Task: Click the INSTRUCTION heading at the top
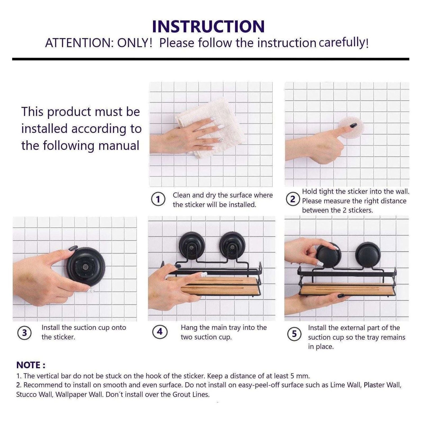(x=208, y=27)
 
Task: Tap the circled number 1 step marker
(x=158, y=199)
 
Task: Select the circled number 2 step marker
(x=293, y=199)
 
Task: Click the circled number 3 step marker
(x=24, y=333)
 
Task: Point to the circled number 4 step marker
(x=160, y=332)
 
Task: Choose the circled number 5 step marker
(x=294, y=334)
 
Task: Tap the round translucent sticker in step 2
(x=352, y=127)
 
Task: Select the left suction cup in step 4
(x=192, y=246)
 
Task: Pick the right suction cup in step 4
(x=232, y=246)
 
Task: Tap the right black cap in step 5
(x=368, y=255)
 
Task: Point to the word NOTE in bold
(x=29, y=365)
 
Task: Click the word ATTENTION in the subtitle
(x=78, y=43)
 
